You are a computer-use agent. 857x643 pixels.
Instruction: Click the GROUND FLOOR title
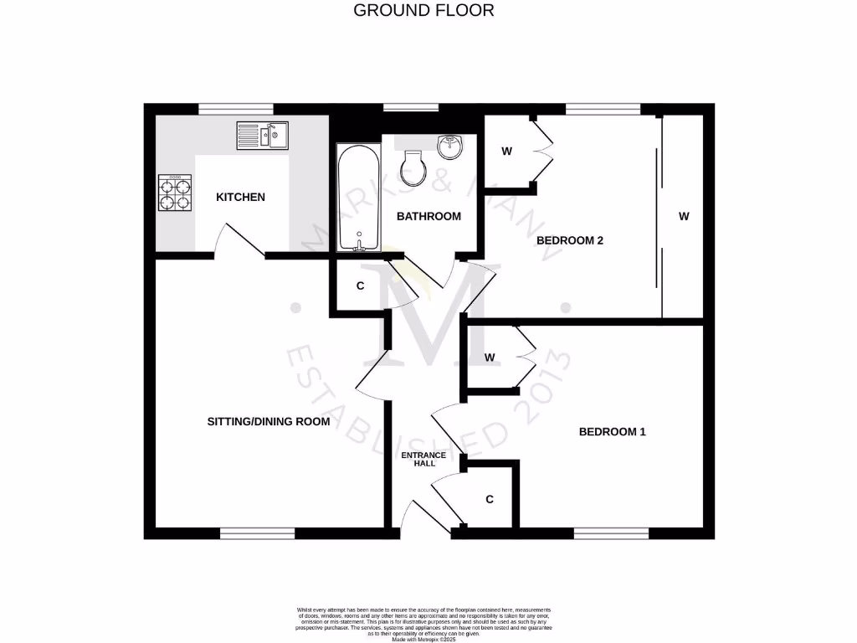click(x=423, y=10)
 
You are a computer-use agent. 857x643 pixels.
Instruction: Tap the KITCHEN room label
click(x=240, y=197)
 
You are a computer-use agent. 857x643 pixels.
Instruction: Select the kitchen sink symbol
click(x=262, y=135)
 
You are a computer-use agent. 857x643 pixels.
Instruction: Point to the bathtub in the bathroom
click(x=359, y=198)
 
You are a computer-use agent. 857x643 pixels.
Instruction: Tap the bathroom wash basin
click(x=452, y=146)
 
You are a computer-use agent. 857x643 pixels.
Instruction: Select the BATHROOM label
click(x=428, y=216)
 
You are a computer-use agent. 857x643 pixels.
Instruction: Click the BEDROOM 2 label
click(x=570, y=240)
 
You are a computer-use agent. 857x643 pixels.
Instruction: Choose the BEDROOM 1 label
click(x=613, y=432)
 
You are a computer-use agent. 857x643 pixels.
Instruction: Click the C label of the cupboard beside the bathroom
click(x=361, y=285)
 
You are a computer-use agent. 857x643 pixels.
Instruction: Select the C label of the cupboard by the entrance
click(x=490, y=499)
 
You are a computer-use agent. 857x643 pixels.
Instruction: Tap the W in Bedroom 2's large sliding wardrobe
click(x=684, y=216)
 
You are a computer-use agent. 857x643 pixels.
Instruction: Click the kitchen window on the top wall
click(x=236, y=109)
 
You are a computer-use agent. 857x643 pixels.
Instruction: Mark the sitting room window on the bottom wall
click(x=258, y=533)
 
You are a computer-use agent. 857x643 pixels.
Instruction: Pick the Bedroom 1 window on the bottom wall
click(x=612, y=533)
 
